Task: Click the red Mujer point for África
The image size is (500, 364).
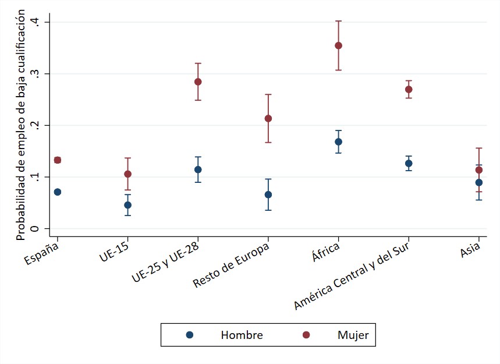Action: (x=338, y=45)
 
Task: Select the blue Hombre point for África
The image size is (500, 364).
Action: (x=338, y=142)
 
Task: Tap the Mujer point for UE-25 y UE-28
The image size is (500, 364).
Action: (x=198, y=82)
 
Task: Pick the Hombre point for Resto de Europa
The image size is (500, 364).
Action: (x=268, y=195)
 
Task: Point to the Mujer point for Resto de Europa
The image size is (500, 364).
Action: (x=268, y=118)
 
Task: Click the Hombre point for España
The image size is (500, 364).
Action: (x=57, y=192)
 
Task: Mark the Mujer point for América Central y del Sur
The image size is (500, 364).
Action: (x=409, y=89)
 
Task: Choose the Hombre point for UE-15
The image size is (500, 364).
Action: (x=127, y=204)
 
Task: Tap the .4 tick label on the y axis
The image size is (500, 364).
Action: (x=37, y=22)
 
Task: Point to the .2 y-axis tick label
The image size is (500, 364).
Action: (x=37, y=125)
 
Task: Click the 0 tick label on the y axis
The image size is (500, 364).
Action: (x=37, y=229)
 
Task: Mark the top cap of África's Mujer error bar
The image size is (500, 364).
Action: (x=338, y=21)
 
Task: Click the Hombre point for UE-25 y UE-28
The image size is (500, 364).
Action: (x=198, y=169)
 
